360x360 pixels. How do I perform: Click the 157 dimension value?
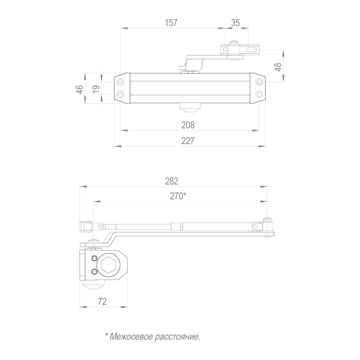coord(171,23)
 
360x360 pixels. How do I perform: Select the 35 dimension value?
coord(235,23)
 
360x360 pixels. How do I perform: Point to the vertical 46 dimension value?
coord(80,89)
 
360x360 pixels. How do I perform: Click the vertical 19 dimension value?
coord(96,89)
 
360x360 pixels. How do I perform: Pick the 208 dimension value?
coord(188,125)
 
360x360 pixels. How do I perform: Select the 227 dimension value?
coord(188,141)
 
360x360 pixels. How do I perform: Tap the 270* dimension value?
coord(178,196)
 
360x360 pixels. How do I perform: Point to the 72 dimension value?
coord(102,301)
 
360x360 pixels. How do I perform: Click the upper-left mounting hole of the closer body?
coord(121,82)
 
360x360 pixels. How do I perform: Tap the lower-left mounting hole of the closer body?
coord(121,94)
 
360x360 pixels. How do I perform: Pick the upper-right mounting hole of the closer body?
coord(259,82)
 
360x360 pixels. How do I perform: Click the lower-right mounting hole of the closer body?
coord(259,94)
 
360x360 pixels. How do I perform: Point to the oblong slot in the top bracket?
coord(252,49)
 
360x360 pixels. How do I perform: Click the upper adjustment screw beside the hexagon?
coord(94,258)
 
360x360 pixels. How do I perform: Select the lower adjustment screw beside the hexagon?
coord(94,272)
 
